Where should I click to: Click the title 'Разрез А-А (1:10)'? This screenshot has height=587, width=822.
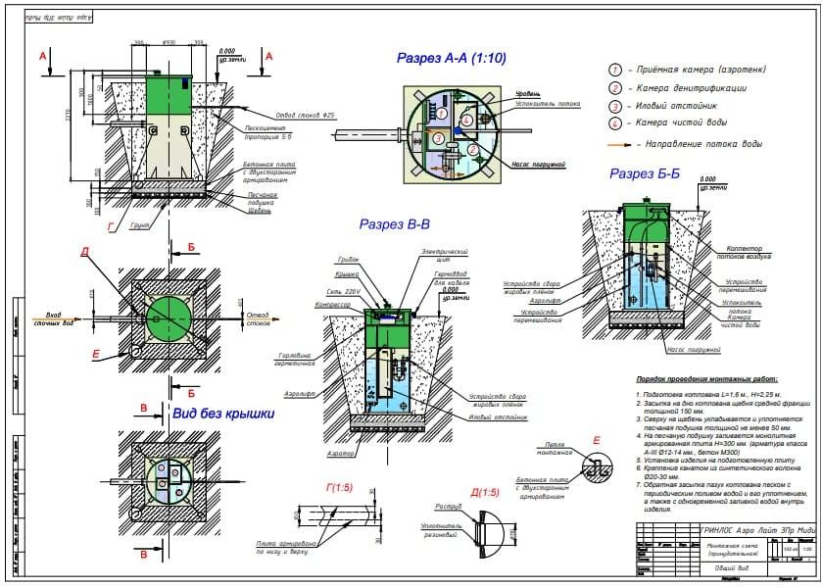click(x=451, y=59)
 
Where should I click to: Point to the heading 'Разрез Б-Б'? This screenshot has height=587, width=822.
click(x=648, y=173)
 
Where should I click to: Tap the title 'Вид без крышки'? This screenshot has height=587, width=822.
click(x=222, y=414)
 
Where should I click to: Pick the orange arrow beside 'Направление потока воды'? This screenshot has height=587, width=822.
click(x=619, y=144)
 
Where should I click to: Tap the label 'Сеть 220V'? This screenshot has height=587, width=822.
click(x=344, y=292)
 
